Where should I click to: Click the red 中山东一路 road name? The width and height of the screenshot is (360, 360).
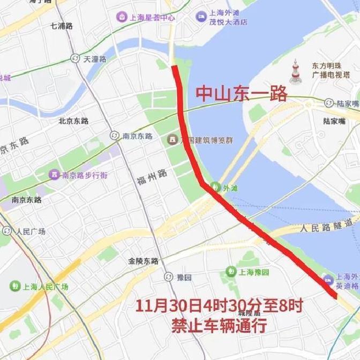(x=241, y=94)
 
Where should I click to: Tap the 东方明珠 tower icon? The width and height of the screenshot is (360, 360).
(x=295, y=72)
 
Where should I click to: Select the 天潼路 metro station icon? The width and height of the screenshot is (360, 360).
(x=75, y=59)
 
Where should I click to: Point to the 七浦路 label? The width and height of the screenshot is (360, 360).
(x=61, y=26)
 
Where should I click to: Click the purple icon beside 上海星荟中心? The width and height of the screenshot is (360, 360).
(x=122, y=17)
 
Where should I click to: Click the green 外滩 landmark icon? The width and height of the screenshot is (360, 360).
(x=215, y=187)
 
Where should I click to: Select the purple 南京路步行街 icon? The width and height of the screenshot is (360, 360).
(x=54, y=175)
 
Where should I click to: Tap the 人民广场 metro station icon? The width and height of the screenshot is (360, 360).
(x=7, y=231)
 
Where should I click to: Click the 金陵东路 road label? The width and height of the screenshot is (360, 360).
(x=143, y=261)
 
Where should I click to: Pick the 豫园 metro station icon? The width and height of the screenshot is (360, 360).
(x=168, y=277)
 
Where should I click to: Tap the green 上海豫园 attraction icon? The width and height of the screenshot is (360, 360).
(x=231, y=272)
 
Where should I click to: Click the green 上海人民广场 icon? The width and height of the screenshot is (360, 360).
(x=14, y=286)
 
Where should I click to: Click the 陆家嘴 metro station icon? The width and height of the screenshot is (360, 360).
(x=329, y=103)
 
